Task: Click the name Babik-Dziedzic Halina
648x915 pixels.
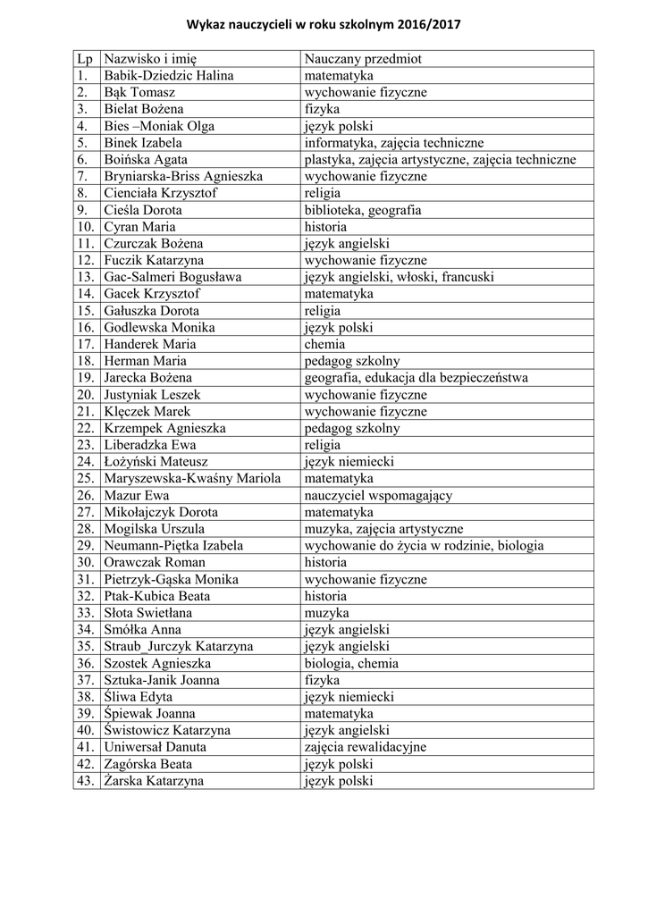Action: pos(162,76)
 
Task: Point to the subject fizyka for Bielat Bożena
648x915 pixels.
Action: pos(322,109)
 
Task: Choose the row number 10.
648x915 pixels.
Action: pos(86,227)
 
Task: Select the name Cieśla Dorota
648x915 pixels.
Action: pos(143,210)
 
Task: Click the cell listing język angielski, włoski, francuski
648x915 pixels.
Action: pos(399,277)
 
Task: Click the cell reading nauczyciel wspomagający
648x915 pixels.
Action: pos(378,495)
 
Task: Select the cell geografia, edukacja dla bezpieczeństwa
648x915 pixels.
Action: pos(416,378)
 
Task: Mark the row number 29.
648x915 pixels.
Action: pos(86,545)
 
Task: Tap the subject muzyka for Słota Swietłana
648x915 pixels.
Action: pos(326,613)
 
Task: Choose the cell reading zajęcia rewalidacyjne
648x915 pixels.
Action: pos(365,747)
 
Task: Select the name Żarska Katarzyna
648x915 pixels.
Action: pos(153,781)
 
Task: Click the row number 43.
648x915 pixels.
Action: pos(86,781)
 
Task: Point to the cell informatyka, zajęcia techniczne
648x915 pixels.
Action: pos(393,143)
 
